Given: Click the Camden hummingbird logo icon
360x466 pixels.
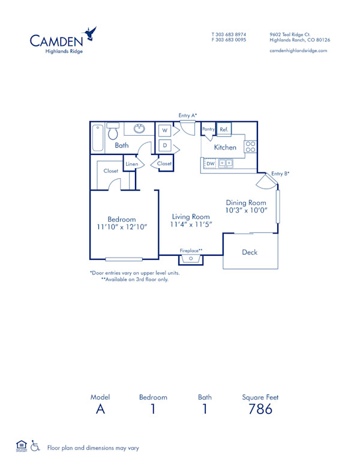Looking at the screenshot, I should point(91,33).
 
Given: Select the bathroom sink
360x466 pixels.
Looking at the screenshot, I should point(139,128).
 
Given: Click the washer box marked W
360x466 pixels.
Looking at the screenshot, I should point(164,130).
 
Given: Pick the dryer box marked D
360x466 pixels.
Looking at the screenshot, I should point(164,146).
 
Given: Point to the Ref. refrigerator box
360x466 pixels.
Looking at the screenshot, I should point(224,129).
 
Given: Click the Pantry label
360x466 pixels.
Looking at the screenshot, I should point(208,129).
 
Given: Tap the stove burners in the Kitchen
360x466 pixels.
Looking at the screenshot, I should point(250,148).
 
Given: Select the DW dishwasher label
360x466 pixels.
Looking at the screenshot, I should point(211,163).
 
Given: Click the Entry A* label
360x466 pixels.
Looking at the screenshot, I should point(188,115).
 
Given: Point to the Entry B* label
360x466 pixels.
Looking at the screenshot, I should point(280,174).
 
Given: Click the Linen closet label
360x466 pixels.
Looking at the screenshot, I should point(131,164).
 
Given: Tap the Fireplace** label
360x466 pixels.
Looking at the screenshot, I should point(191,250).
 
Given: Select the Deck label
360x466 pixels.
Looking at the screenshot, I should point(250,252).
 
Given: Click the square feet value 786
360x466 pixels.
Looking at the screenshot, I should point(260,410).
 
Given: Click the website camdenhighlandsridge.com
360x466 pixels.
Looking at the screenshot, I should point(298,51).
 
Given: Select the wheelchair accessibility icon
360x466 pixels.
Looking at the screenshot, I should point(35,446).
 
